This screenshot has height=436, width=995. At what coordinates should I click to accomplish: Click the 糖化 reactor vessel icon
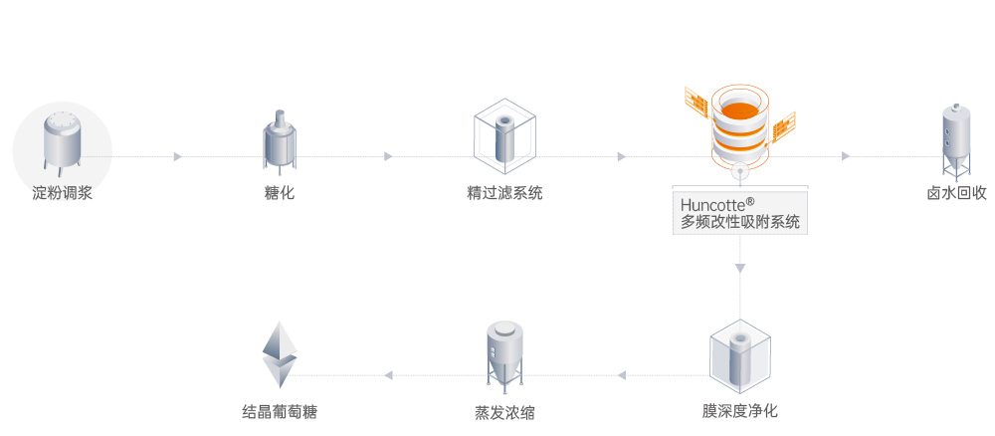pyautogui.click(x=280, y=142)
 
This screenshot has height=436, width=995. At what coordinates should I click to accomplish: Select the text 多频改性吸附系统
pyautogui.click(x=740, y=223)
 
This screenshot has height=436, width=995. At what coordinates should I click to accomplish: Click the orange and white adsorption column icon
pyautogui.click(x=740, y=123)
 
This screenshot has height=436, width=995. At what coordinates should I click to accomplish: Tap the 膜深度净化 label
pyautogui.click(x=739, y=410)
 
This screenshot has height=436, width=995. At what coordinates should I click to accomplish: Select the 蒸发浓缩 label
pyautogui.click(x=504, y=410)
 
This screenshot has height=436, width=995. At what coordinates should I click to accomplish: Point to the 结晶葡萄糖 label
pyautogui.click(x=280, y=410)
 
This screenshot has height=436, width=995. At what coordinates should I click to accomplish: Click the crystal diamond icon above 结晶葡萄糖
pyautogui.click(x=280, y=354)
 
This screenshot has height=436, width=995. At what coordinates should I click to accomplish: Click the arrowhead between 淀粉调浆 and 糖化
pyautogui.click(x=178, y=156)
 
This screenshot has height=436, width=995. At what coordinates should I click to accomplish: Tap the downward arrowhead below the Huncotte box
pyautogui.click(x=740, y=268)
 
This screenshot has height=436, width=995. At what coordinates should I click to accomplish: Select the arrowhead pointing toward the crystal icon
pyautogui.click(x=389, y=375)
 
